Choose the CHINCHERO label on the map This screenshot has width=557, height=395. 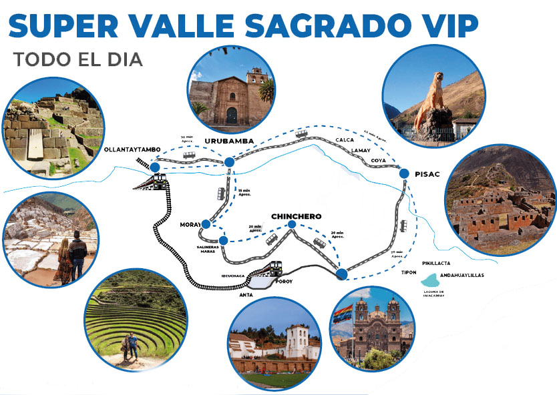296,216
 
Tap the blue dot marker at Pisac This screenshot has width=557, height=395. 403,173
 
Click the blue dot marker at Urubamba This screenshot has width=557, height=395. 229,161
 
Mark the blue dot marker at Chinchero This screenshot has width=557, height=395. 292,226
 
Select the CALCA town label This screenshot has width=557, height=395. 345,139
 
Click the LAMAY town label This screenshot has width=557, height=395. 361,151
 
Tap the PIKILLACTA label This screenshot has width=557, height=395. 436,263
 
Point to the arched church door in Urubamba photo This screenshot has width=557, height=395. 231,115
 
